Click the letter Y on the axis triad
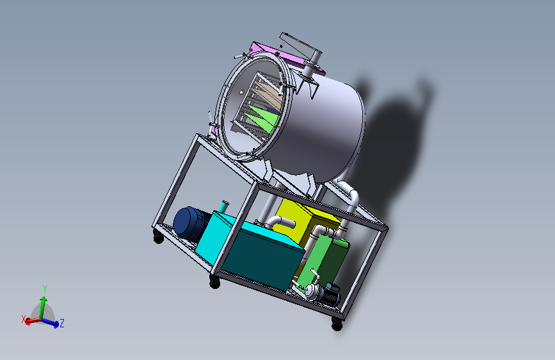pos(45,289)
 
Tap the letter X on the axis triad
pos(24,319)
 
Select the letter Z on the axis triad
pos(62,323)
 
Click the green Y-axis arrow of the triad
pos(42,307)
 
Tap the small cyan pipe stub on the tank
pos(223,206)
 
